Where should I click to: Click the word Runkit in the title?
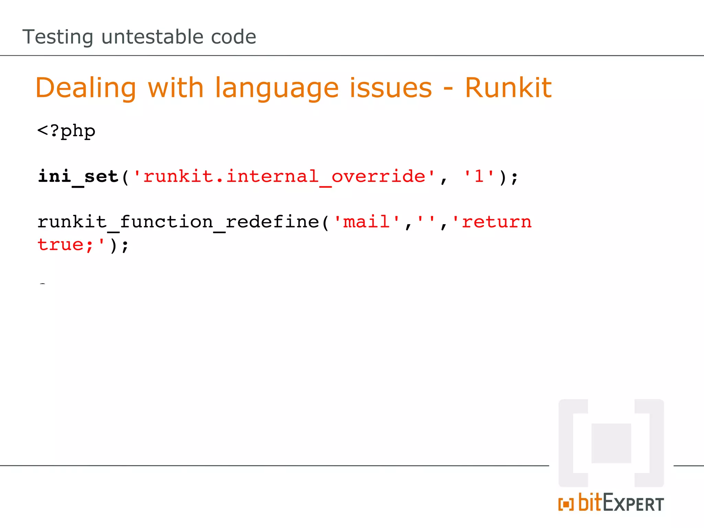tap(508, 88)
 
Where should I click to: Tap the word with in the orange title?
tap(176, 88)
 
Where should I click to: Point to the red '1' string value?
tap(479, 177)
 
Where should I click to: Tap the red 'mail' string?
tap(367, 222)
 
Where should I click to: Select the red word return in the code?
tap(496, 222)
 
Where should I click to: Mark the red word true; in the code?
tap(65, 245)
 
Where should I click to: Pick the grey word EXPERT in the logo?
tap(633, 504)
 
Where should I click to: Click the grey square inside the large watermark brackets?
tap(611, 443)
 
